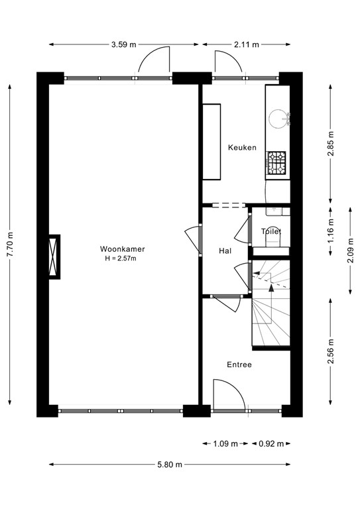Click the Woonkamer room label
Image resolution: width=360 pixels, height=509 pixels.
123,249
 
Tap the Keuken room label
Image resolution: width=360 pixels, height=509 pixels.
242,148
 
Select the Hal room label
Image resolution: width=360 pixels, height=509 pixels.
225,251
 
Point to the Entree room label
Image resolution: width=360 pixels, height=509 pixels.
239,365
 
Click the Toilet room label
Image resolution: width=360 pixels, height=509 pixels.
272,232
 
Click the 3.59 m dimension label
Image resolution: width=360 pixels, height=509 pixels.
123,44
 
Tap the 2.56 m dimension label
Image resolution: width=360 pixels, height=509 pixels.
331,351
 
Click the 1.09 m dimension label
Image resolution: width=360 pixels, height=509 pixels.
225,444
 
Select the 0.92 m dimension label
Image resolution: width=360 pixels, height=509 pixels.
270,444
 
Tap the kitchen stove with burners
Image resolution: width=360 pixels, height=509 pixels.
276,162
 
